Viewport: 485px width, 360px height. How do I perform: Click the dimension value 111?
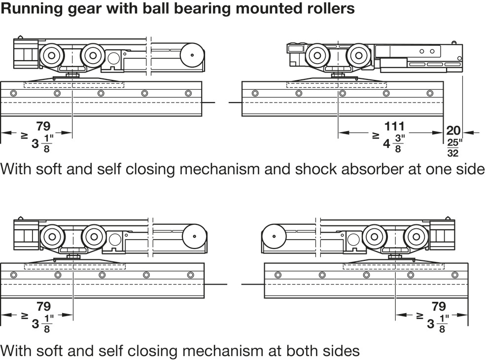(x=394, y=126)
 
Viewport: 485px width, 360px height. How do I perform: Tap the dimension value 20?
(x=453, y=131)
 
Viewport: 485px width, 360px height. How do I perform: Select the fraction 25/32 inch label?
(x=454, y=148)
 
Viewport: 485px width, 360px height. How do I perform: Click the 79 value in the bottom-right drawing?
(x=439, y=306)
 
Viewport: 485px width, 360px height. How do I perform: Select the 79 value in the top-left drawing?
(x=43, y=126)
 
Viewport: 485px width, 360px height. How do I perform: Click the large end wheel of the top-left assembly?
(x=192, y=55)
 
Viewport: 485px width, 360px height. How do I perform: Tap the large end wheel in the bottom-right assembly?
(x=274, y=237)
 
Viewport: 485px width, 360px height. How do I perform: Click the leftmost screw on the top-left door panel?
(x=13, y=93)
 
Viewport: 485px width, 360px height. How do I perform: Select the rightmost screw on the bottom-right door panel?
(x=454, y=275)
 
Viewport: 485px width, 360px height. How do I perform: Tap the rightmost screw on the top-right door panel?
(x=430, y=93)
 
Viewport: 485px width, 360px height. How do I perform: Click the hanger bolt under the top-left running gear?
(x=72, y=74)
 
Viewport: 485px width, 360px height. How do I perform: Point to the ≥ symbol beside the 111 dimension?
(x=376, y=135)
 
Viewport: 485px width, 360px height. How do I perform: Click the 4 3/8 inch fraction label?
(x=392, y=143)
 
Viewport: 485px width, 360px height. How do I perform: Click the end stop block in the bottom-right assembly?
(x=442, y=235)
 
